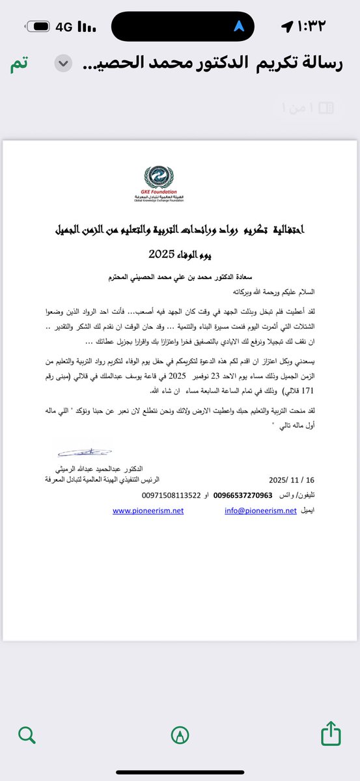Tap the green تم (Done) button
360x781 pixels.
19,64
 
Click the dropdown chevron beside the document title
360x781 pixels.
63,64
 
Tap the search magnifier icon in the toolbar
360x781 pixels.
27,735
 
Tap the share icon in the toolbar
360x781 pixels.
331,734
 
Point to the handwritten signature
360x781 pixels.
83,450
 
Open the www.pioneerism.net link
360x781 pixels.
148,511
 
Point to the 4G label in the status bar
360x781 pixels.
64,27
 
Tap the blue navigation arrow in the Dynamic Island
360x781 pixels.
240,26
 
